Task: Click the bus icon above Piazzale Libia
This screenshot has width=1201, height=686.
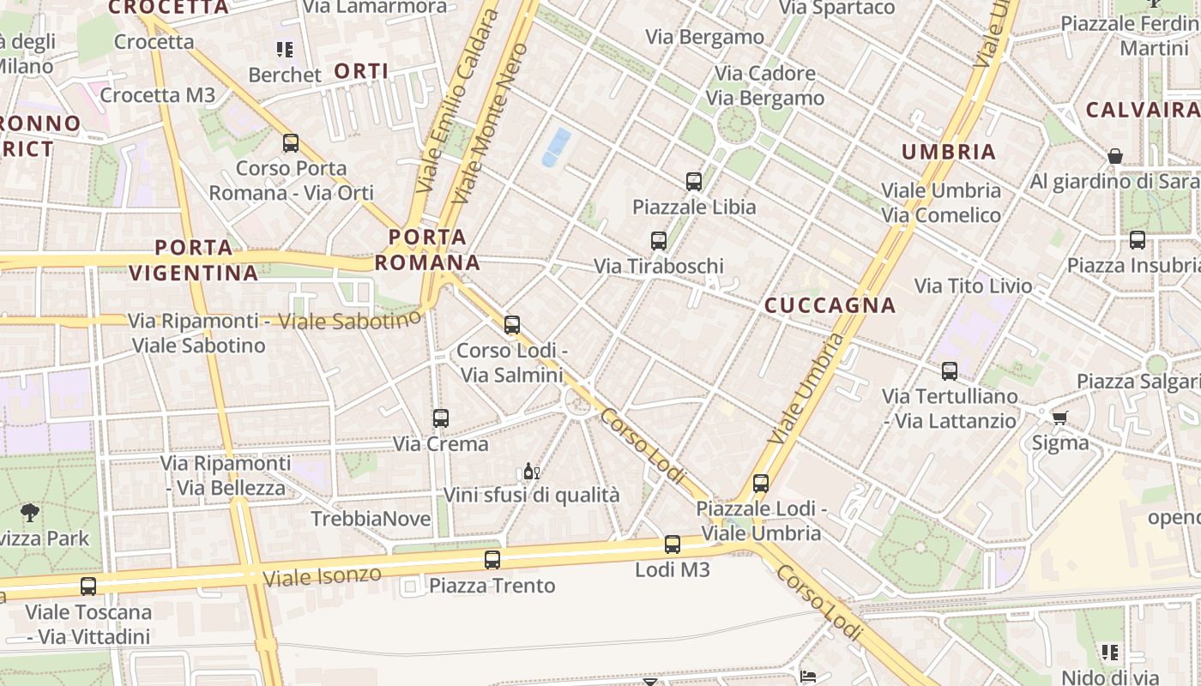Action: tap(694, 182)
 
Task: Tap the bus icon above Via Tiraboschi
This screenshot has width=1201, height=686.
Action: tap(659, 241)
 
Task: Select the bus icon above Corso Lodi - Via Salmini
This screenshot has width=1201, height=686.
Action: tap(512, 325)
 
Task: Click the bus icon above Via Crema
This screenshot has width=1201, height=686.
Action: tap(441, 418)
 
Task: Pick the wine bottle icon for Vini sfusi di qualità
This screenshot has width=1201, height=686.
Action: tap(531, 471)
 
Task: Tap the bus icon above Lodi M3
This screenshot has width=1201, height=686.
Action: tap(673, 545)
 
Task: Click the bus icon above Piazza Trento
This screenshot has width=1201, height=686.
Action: tap(492, 560)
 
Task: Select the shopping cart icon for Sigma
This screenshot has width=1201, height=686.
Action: tap(1060, 418)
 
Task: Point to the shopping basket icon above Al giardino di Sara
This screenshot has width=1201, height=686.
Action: tap(1115, 156)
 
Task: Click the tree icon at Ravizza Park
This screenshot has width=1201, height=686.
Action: tap(30, 514)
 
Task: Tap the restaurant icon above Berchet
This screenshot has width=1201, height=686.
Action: tap(284, 50)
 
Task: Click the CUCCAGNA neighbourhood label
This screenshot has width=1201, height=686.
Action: tap(830, 305)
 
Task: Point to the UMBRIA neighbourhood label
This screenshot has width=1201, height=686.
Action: tap(949, 153)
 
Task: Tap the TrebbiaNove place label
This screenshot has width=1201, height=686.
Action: tap(371, 519)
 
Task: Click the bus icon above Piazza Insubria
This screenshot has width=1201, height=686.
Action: tap(1138, 240)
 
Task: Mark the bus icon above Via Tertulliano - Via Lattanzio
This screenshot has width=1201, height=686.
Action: tap(950, 371)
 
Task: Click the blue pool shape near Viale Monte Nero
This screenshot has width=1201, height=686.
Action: tap(556, 147)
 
